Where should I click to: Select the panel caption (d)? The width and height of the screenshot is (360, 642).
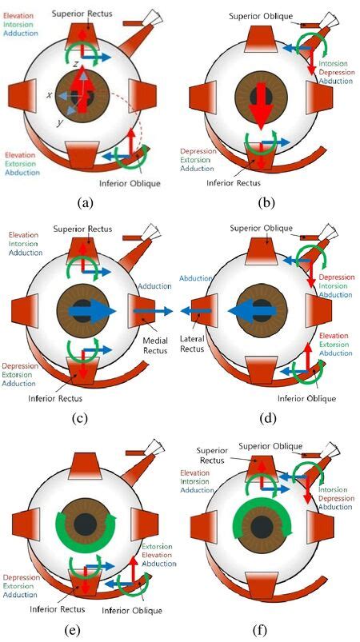tap(267, 417)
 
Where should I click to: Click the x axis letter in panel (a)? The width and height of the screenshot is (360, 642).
tap(50, 94)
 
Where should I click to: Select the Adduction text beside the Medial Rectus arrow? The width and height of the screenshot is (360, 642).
tap(154, 285)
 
